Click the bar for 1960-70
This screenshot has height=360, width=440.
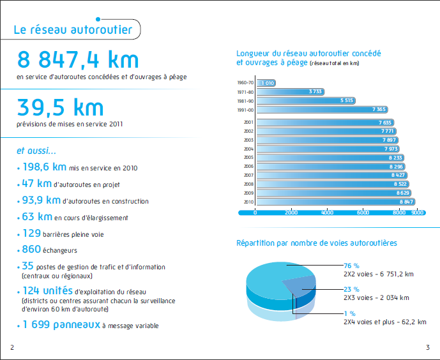[266, 83]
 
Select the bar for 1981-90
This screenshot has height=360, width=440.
[306, 101]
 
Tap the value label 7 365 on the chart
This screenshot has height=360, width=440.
[379, 109]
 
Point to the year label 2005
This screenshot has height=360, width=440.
[248, 158]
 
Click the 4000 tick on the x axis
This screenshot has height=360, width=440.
[327, 213]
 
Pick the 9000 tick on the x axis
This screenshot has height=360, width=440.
[417, 213]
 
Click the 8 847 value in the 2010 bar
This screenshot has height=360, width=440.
[406, 202]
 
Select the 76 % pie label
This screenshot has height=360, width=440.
[352, 266]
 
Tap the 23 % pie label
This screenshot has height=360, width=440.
[352, 289]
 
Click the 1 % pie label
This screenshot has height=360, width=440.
[350, 313]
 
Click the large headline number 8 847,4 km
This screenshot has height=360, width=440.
[78, 59]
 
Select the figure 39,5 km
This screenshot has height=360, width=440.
[60, 107]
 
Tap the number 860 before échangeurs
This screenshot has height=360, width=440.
[31, 249]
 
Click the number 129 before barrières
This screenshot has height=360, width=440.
[32, 233]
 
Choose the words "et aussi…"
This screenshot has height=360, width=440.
[36, 151]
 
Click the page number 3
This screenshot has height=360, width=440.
[428, 347]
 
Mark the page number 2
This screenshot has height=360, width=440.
[12, 347]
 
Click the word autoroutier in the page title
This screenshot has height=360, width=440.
[102, 30]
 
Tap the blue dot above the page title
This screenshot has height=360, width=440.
[98, 19]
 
